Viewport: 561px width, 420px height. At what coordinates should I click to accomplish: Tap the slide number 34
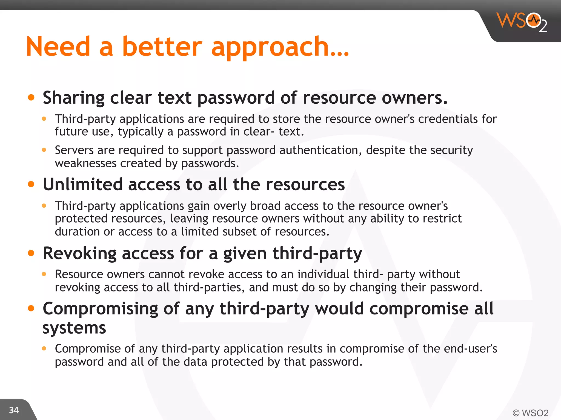(14, 410)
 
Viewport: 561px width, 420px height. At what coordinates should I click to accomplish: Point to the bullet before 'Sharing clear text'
(31, 97)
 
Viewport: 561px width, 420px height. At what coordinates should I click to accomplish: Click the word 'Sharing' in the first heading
(74, 98)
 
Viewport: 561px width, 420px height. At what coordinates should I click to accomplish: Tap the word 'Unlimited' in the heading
(83, 184)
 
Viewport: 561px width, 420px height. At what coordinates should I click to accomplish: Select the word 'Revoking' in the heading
(80, 253)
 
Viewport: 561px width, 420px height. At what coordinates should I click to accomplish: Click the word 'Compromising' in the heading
(100, 309)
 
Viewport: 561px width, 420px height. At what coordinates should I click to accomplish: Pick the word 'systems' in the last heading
(74, 328)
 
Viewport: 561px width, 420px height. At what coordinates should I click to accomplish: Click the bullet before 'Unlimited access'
(31, 184)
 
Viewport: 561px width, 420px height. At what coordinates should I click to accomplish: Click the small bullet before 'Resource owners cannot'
(44, 274)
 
